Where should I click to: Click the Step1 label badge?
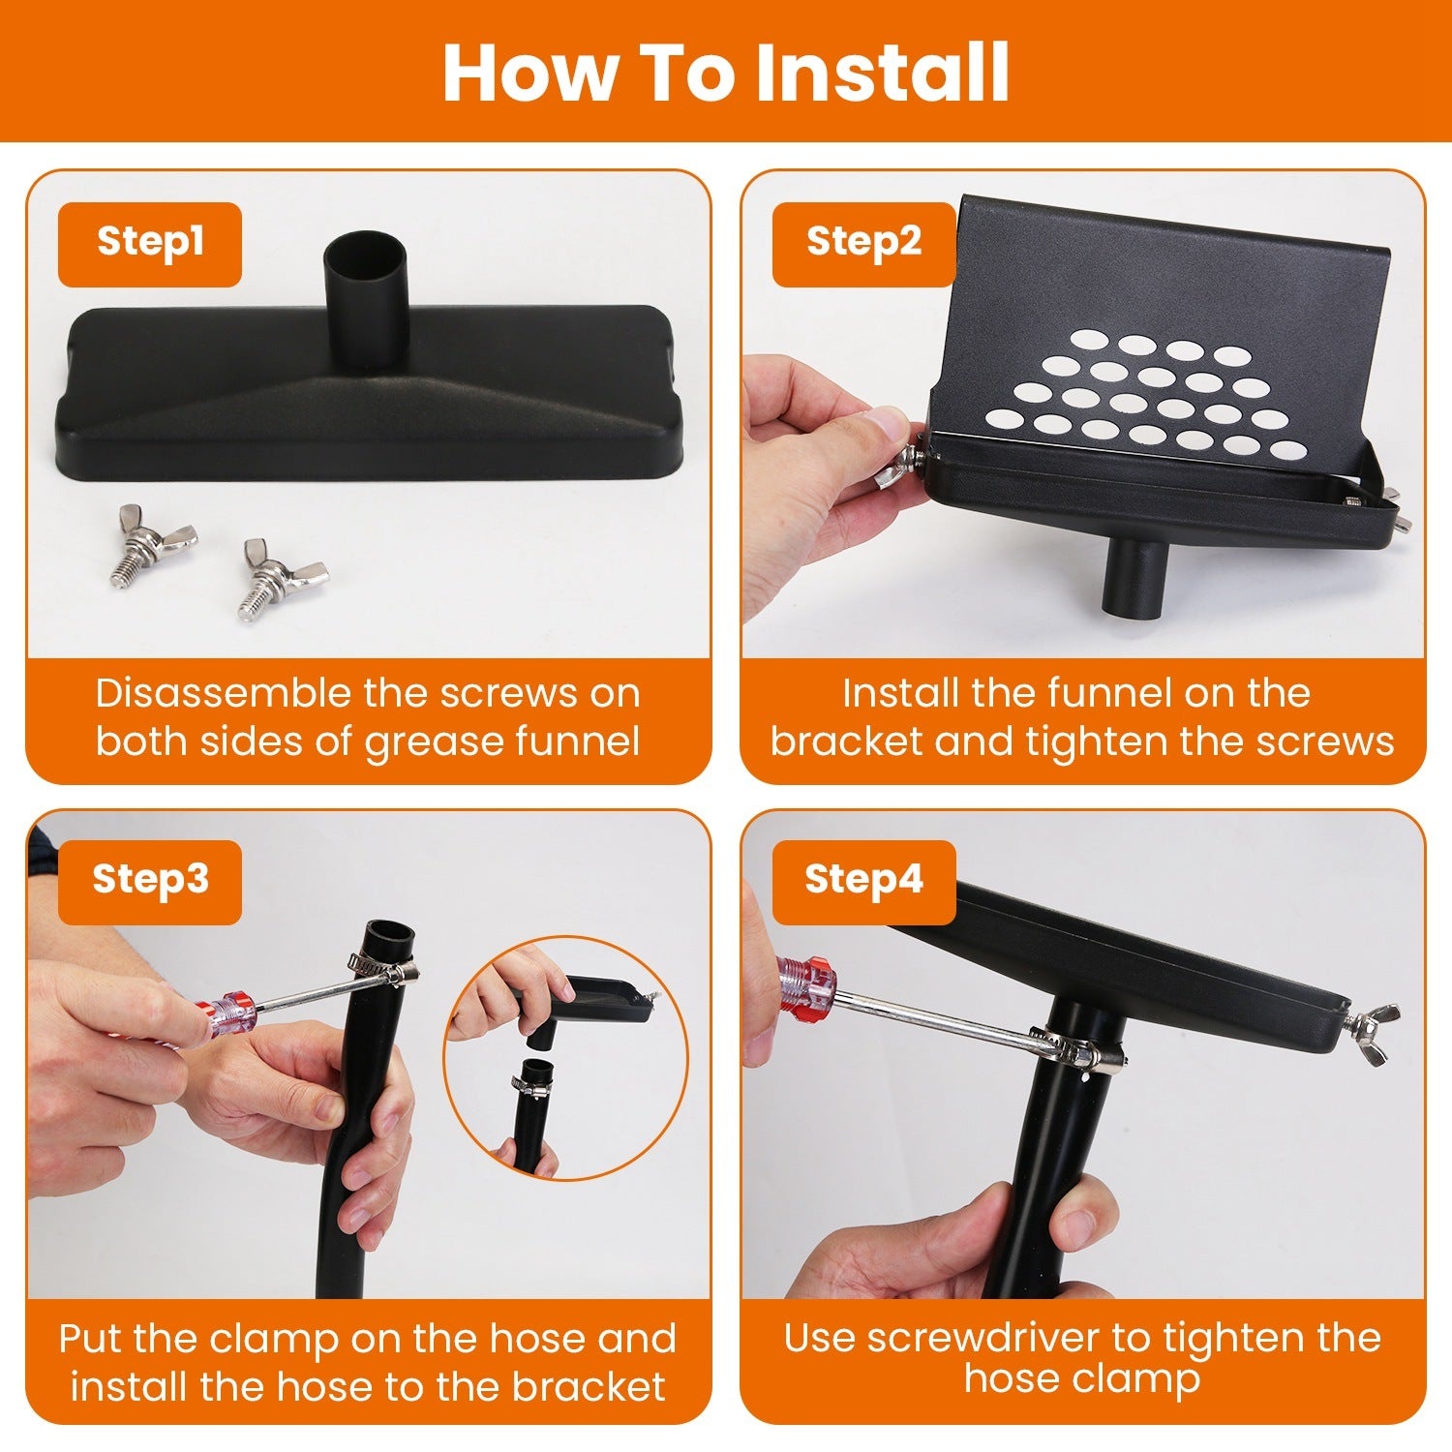[149, 243]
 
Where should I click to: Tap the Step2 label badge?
[863, 243]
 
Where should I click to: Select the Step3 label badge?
[149, 881]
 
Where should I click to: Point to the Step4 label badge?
[863, 881]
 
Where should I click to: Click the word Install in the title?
[882, 73]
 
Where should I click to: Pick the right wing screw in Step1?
[282, 580]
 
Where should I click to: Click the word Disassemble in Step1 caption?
[223, 694]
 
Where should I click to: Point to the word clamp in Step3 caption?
[274, 1340]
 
